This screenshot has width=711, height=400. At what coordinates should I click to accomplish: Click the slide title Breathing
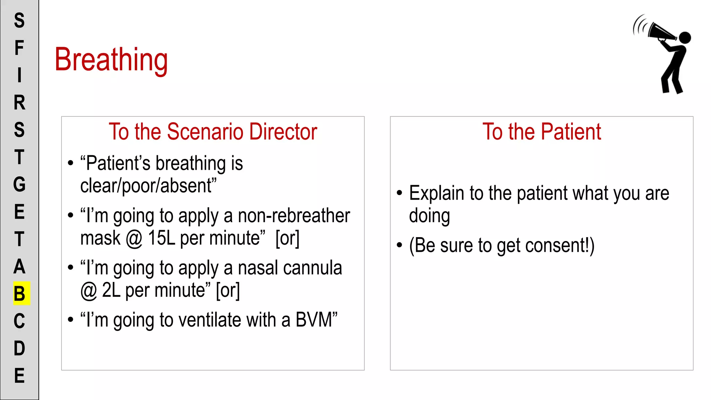111,60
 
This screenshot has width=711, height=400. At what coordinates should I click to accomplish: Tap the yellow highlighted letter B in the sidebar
20,293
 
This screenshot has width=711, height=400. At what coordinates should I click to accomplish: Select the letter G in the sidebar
19,184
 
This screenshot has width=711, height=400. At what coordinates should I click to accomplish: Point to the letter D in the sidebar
19,348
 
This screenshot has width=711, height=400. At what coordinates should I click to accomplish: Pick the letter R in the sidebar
19,103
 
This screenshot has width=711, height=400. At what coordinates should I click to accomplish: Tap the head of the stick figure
685,37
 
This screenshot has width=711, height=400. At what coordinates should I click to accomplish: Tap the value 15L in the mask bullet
161,238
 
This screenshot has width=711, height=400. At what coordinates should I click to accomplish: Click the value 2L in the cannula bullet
111,290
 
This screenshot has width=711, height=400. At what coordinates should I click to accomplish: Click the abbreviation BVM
314,320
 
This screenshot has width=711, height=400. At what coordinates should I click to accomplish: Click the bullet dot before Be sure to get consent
399,245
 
